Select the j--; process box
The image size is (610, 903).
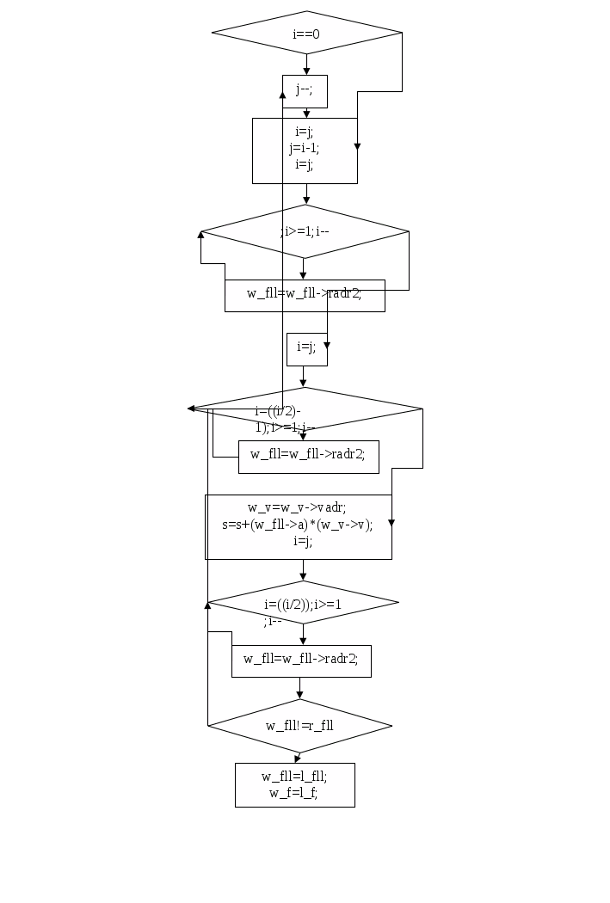[305, 91]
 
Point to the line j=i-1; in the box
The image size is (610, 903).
[305, 148]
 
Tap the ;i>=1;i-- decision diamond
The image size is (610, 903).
[305, 231]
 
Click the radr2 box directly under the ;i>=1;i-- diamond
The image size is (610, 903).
[305, 294]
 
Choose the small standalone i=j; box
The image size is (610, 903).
[306, 347]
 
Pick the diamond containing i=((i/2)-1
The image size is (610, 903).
[305, 408]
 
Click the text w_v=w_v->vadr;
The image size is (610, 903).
[297, 507]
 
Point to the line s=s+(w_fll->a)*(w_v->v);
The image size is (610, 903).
[297, 525]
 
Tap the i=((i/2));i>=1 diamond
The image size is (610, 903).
[303, 604]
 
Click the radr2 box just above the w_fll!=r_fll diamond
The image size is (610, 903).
[301, 660]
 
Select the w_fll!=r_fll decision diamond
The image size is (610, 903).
[299, 726]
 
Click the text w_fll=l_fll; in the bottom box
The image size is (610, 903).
[294, 777]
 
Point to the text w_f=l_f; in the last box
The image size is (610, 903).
[294, 793]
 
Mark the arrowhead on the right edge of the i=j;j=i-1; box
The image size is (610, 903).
[357, 146]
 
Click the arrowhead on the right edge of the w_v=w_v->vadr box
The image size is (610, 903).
[391, 522]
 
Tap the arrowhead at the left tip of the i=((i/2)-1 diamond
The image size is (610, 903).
[191, 408]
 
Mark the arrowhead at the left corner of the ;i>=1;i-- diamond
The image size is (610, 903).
[201, 234]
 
